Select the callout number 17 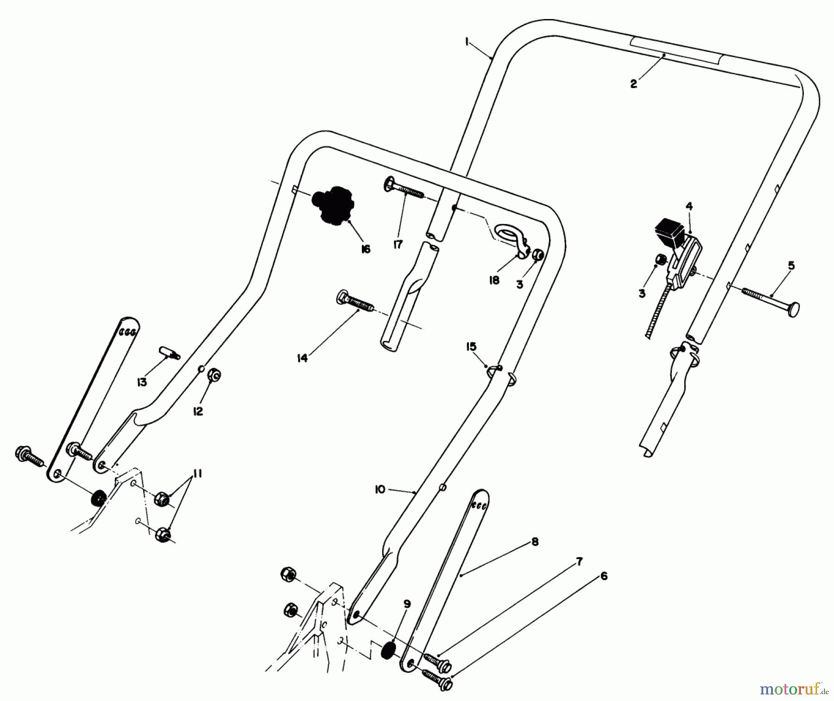tap(398, 244)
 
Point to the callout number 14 tap(302, 358)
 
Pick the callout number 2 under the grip tap(633, 84)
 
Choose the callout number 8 tap(535, 542)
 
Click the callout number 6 tap(603, 576)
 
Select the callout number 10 tap(380, 490)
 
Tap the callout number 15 tap(471, 347)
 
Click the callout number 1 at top tap(467, 42)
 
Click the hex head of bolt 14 tap(343, 296)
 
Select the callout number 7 tap(579, 562)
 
